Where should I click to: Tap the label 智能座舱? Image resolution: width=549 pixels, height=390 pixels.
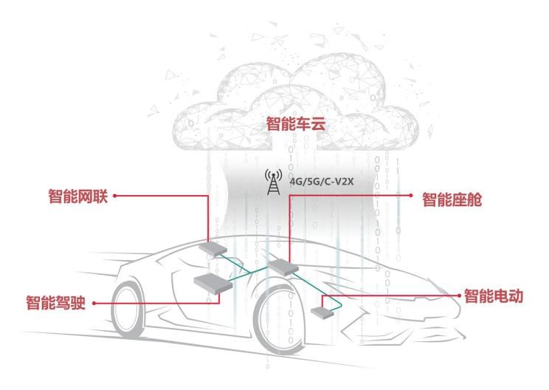(451, 199)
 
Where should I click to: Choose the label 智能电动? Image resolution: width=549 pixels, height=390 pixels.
(494, 296)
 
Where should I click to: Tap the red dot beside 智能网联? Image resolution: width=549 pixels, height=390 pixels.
(116, 196)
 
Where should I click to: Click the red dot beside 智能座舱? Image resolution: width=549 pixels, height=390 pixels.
(412, 196)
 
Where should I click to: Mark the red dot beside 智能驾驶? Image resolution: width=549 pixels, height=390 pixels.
(93, 303)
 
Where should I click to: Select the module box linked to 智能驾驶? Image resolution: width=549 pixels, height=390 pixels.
(212, 281)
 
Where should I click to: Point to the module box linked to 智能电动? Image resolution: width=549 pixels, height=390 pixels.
(322, 311)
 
